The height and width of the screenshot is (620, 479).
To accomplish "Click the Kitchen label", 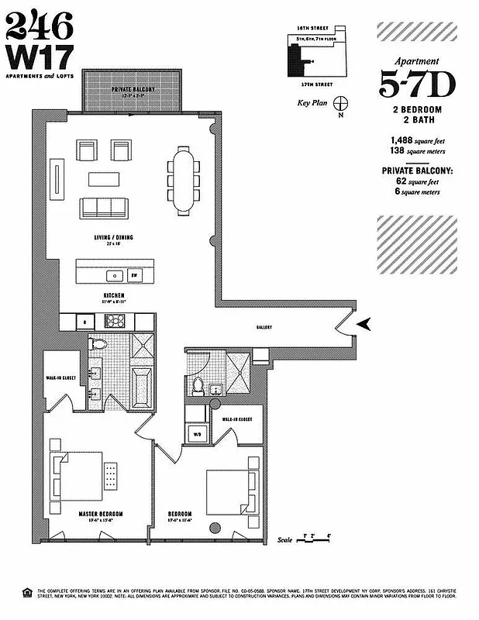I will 113,295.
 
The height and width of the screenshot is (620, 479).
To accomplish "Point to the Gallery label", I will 264,328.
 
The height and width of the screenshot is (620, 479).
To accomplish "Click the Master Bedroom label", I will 101,514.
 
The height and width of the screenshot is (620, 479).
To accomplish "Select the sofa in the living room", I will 105,208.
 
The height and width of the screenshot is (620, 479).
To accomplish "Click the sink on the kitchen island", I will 114,274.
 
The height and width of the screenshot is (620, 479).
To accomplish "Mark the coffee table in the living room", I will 105,178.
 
